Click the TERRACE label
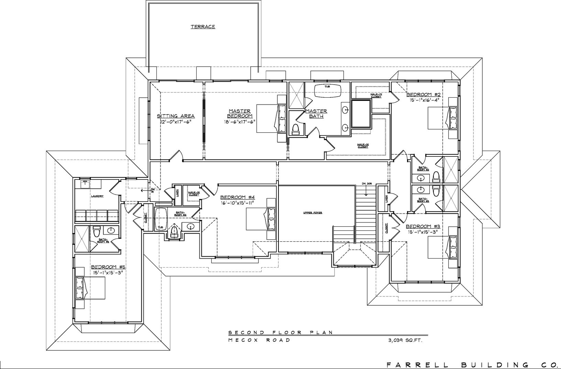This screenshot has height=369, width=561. click(203, 26)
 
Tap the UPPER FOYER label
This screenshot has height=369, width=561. click(312, 213)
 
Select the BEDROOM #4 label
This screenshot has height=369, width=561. click(237, 197)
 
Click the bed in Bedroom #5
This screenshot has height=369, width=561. click(90, 287)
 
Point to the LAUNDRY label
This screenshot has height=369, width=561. click(97, 196)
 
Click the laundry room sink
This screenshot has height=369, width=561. click(85, 184)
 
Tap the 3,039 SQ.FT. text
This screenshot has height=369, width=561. click(405, 340)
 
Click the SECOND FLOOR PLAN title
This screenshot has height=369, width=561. click(280, 332)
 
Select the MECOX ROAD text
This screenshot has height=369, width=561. click(259, 340)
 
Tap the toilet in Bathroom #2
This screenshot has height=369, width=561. click(436, 176)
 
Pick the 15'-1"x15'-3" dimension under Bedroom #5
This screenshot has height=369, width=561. click(108, 272)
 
